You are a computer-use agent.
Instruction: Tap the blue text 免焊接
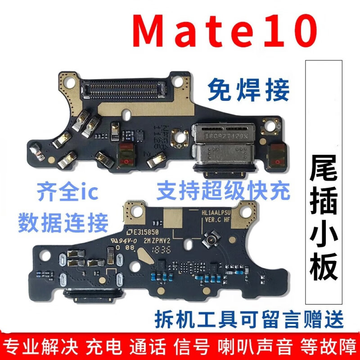[248, 90]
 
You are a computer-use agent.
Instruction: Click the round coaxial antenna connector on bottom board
[211, 242]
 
